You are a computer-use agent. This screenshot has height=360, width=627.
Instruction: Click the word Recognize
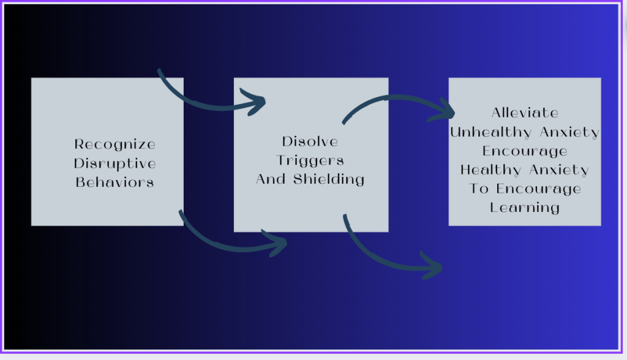click(115, 144)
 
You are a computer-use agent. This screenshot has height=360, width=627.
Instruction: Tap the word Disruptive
click(115, 163)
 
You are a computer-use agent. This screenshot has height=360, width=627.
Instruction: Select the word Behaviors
click(115, 182)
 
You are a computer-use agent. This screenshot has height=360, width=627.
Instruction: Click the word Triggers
click(310, 160)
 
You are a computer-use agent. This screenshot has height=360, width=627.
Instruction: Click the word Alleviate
click(525, 113)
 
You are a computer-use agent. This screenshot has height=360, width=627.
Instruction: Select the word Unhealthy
click(489, 132)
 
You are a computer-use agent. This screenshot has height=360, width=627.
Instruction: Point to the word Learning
click(525, 208)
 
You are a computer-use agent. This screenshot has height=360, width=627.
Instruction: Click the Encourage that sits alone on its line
click(525, 151)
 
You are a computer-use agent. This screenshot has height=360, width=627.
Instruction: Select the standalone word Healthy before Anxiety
click(491, 170)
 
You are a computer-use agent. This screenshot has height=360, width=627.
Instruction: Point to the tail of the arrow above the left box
click(160, 72)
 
